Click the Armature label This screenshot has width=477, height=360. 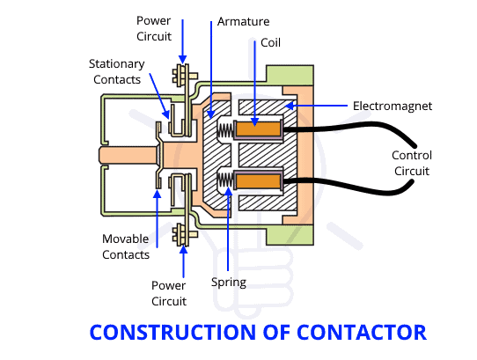244,22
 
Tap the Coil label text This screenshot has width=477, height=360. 270,42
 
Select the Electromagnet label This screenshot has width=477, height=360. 393,106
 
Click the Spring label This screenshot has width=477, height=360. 229,283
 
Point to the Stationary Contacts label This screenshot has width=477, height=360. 117,72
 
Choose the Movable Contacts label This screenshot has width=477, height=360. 126,246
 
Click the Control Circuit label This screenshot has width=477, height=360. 412,163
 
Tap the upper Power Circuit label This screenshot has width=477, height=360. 154,28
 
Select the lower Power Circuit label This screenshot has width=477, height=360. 169,293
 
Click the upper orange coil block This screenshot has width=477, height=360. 258,129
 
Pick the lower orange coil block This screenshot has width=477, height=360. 258,181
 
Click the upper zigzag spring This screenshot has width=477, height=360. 225,130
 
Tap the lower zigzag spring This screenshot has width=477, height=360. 225,180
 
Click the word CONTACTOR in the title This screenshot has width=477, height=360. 362,333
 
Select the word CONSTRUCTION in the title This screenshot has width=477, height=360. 172,333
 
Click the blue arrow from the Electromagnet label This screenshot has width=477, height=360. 316,106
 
